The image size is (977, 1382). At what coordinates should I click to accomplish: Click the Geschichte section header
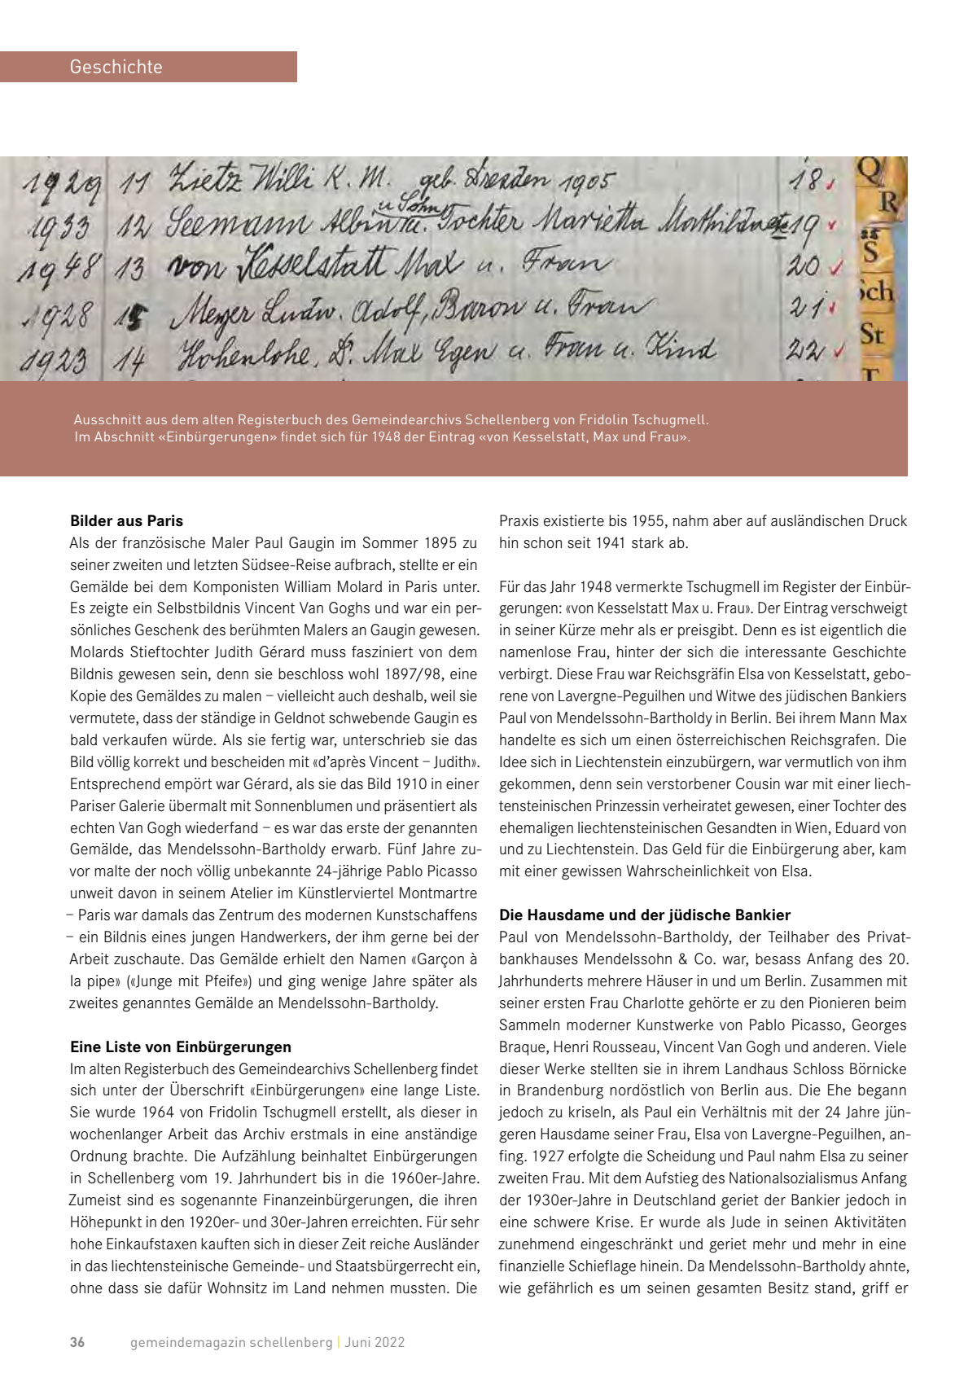click(x=116, y=67)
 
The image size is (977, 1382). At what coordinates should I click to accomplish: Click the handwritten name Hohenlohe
click(x=245, y=353)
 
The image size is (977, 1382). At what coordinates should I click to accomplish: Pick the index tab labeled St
click(x=872, y=334)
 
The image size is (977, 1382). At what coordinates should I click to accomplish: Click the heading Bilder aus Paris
click(x=126, y=521)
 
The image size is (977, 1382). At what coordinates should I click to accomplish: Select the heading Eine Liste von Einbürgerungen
click(x=181, y=1047)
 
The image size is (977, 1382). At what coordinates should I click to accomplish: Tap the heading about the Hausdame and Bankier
click(x=645, y=915)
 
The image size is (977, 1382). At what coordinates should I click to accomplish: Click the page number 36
click(x=77, y=1342)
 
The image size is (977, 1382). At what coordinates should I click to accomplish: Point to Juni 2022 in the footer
click(x=375, y=1342)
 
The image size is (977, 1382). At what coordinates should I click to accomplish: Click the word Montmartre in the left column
click(x=435, y=893)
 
